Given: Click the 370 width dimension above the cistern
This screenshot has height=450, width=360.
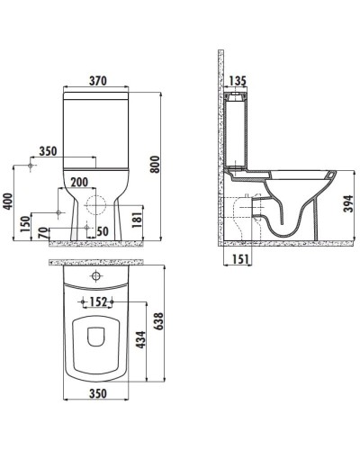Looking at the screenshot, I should [x=98, y=80].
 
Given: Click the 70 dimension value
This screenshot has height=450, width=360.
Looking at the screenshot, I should [x=43, y=231].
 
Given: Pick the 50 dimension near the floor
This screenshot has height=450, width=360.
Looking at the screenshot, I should [x=103, y=231].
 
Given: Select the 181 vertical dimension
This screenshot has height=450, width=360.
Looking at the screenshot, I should [x=136, y=217].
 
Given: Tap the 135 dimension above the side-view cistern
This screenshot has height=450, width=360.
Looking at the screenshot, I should [x=238, y=80].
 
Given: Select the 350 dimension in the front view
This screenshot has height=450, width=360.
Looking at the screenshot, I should [x=49, y=152].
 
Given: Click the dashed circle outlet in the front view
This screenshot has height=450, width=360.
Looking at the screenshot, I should [x=94, y=202].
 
